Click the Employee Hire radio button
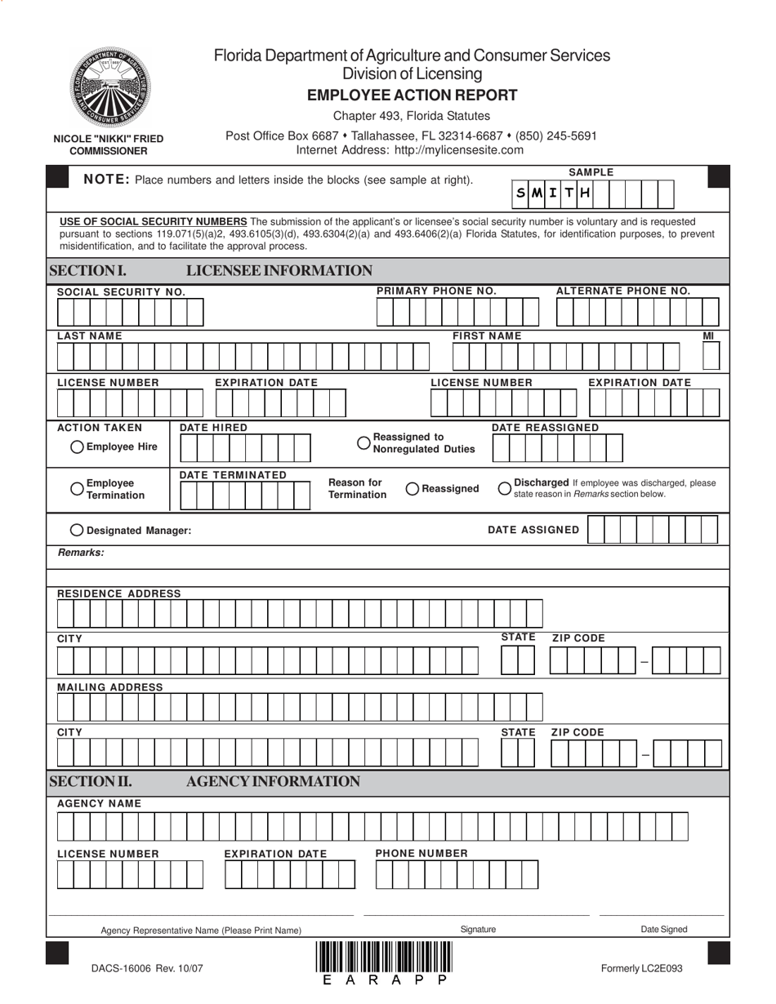(77, 446)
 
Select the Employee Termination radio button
(77, 488)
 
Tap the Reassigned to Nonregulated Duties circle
(364, 442)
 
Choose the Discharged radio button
(505, 488)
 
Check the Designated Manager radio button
(77, 530)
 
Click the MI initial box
(711, 356)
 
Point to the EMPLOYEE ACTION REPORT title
(412, 96)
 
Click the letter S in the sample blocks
(520, 193)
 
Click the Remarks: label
(81, 553)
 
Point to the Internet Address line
(409, 150)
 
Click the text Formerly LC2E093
(641, 969)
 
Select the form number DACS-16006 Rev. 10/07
(147, 969)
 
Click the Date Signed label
(663, 929)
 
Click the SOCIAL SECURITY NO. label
(121, 292)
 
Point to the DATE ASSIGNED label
(533, 530)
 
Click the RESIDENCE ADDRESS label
(119, 593)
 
